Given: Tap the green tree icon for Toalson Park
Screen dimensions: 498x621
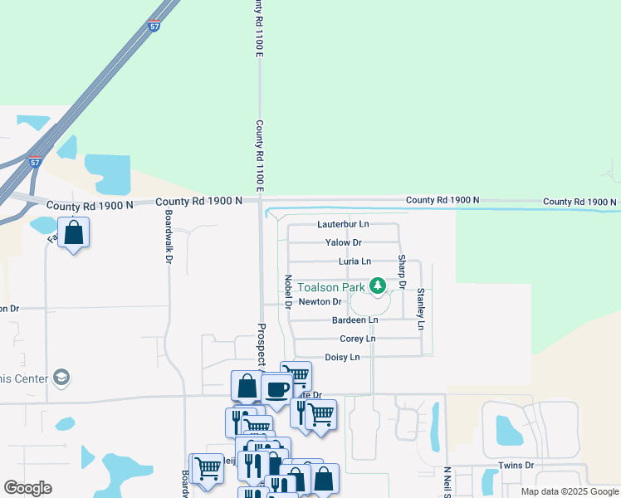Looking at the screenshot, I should pos(379,286).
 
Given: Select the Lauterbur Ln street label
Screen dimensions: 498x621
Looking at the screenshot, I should pos(343,225).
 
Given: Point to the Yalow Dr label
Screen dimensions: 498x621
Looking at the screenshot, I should pos(345,242).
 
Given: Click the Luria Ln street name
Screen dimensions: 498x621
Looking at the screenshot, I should pos(355,261).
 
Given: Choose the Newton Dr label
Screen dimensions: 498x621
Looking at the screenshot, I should pos(320,302).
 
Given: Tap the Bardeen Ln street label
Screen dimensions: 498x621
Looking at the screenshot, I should pos(355,320).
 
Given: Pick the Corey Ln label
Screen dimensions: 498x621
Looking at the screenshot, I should pos(358,339).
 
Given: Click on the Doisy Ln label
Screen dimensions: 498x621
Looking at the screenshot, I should pos(342,357).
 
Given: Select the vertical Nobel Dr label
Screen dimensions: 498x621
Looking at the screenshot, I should pos(288,292).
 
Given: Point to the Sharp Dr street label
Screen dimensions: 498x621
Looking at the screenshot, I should pos(401,272).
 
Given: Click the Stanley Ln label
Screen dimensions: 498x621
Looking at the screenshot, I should pos(421,308).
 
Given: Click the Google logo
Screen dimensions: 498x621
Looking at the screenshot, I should pos(27,488).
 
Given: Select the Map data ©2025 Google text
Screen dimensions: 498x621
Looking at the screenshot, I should pos(569,491).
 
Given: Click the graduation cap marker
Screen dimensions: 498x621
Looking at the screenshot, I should pos(60,378).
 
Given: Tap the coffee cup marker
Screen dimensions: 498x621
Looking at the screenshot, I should pos(276,388).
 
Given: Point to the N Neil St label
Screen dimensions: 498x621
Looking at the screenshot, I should pos(447,481).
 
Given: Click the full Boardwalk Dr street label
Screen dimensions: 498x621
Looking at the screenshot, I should pos(168,237).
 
